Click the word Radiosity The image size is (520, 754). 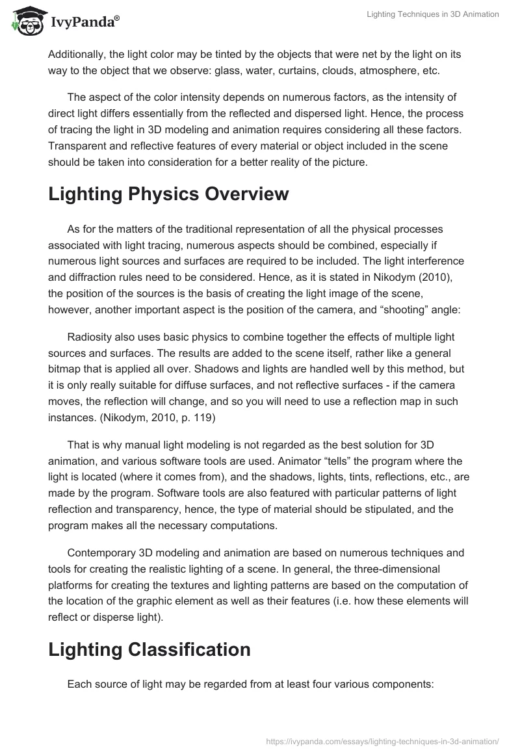coord(90,337)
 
